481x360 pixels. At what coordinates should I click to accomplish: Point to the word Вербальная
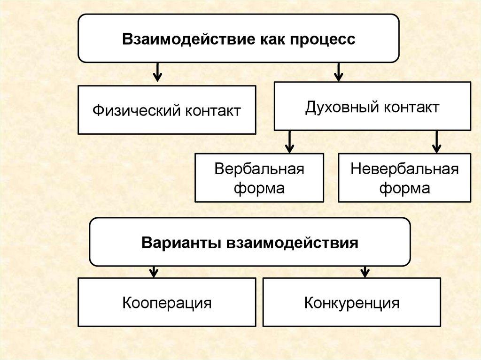[259, 169]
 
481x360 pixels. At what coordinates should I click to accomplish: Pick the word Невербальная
[404, 169]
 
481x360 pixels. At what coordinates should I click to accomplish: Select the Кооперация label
[167, 303]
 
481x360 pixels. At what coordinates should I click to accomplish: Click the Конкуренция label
[352, 303]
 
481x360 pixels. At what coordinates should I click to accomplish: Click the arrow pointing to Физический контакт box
[158, 73]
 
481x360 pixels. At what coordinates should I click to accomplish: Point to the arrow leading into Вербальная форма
[289, 142]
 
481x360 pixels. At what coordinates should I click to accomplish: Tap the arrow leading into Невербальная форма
[437, 142]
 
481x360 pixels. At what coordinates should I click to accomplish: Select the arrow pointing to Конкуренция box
[365, 271]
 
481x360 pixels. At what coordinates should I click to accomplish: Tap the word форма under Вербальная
[259, 188]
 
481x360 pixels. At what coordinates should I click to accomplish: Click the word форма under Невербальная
[404, 188]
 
